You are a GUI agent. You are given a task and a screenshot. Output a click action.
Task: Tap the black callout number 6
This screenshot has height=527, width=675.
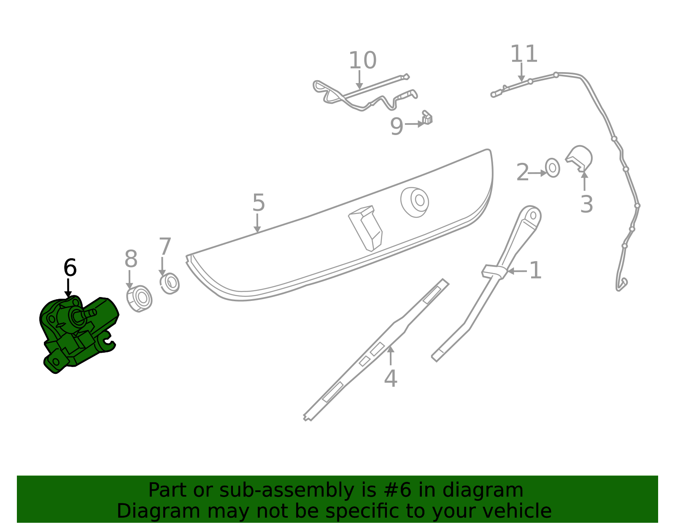click(70, 268)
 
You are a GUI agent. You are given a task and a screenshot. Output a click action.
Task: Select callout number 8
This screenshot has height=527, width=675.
click(131, 259)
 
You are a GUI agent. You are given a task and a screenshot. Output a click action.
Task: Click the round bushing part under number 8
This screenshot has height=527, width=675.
click(139, 298)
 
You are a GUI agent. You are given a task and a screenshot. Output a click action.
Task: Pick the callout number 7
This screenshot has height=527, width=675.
click(165, 246)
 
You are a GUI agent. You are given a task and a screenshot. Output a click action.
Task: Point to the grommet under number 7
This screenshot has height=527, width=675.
click(170, 283)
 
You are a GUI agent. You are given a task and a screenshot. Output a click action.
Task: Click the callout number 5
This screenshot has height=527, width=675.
click(259, 203)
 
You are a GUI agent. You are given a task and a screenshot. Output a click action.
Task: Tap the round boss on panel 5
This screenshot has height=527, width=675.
click(415, 202)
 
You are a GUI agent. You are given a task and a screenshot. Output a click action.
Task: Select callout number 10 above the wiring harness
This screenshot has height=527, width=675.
click(362, 60)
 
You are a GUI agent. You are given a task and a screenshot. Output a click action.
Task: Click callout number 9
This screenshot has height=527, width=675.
click(397, 127)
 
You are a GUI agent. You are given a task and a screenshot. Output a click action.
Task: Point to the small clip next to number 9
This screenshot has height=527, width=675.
click(427, 118)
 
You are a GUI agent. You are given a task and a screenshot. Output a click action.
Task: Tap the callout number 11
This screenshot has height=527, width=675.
click(524, 54)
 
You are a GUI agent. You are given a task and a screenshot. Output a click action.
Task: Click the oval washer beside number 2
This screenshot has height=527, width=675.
click(552, 168)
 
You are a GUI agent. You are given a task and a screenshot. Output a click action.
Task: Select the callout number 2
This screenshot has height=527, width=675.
click(522, 172)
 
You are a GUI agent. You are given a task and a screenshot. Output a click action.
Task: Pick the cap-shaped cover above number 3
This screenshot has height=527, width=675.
click(579, 158)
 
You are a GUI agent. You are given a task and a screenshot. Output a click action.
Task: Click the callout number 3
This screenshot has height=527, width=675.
click(586, 204)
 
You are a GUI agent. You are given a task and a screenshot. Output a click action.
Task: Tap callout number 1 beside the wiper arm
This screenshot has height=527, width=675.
click(535, 270)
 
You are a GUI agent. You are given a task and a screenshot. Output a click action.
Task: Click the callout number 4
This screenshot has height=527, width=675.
click(391, 378)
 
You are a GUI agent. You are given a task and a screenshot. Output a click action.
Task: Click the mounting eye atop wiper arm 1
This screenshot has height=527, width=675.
click(533, 215)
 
